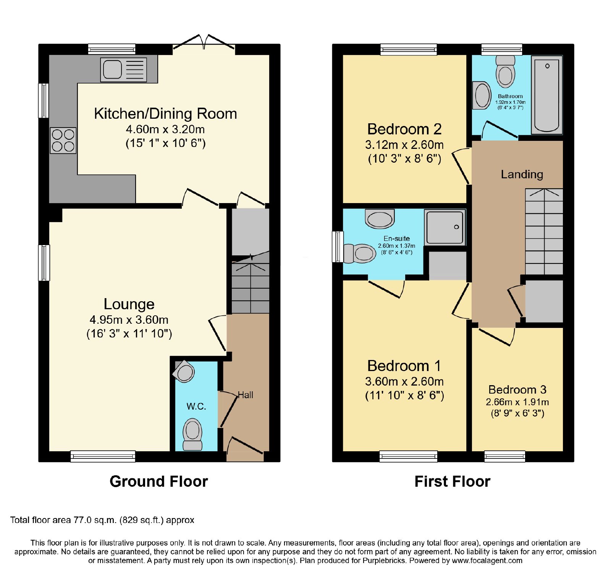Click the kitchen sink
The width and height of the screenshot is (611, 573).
pos(123,69)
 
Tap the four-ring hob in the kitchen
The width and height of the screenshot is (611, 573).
pos(63,140)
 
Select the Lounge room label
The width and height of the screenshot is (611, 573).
pos(129,304)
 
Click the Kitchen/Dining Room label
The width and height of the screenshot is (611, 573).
pos(165,114)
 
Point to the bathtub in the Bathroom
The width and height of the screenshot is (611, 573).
pos(547,95)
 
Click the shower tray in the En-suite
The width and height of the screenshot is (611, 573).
pos(445,227)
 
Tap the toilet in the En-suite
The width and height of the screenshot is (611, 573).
pos(359,253)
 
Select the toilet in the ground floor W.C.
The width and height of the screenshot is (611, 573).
pos(192,434)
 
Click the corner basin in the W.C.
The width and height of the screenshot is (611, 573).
pos(184,371)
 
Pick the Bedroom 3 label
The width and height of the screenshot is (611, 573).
pos(517,390)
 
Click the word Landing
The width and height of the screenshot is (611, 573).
pos(522,174)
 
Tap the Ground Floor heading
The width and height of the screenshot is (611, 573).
pos(159,481)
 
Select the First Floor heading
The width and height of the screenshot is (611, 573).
pos(453,481)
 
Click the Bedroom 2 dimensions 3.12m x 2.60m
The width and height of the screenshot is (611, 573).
pos(404,145)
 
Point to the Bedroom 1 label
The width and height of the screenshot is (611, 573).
pos(404,366)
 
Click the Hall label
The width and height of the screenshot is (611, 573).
pos(246,395)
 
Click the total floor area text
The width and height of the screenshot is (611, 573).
pos(102,520)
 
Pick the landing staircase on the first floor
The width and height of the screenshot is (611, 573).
pos(544,231)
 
